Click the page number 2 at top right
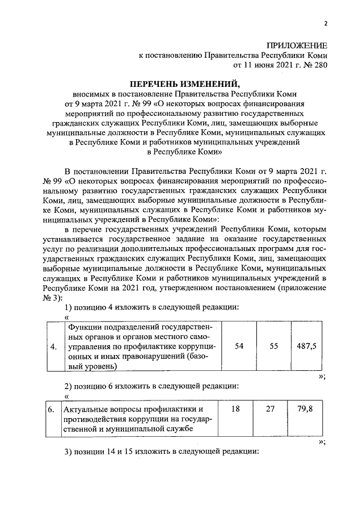pyautogui.click(x=326, y=23)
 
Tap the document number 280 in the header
pyautogui.click(x=319, y=65)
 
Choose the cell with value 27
pyautogui.click(x=273, y=409)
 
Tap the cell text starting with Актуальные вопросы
pyautogui.click(x=139, y=419)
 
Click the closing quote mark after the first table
pyautogui.click(x=322, y=377)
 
